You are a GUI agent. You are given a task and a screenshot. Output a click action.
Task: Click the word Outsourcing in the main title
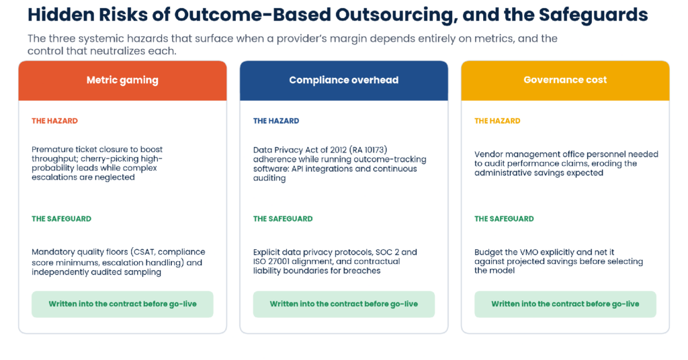point(394,15)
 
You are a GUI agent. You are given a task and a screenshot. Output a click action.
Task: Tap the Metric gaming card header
point(122,80)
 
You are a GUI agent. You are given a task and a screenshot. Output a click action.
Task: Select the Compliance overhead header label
point(343,80)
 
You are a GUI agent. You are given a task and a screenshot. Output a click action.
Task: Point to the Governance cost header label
point(565,80)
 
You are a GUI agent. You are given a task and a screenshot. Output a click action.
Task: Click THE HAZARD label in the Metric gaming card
point(54,121)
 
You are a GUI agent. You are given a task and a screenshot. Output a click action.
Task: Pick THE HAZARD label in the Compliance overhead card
point(276,121)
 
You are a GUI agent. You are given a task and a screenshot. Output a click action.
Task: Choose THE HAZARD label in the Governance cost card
point(497,121)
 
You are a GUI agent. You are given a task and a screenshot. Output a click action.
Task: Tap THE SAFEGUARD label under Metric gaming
point(61,219)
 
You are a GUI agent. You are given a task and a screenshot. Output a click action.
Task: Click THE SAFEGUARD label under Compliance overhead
point(283,219)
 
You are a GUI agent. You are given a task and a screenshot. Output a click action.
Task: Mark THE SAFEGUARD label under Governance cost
point(504,219)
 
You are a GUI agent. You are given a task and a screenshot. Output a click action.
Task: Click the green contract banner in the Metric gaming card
point(122,304)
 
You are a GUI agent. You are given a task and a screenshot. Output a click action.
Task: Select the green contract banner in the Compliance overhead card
point(344,304)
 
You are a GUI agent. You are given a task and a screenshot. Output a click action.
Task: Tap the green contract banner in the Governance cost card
point(565,304)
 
